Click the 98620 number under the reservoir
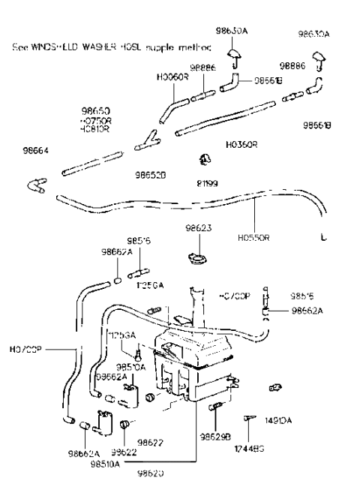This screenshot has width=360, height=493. (150, 474)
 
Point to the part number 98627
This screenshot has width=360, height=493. (150, 442)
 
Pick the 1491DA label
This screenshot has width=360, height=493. (278, 422)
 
